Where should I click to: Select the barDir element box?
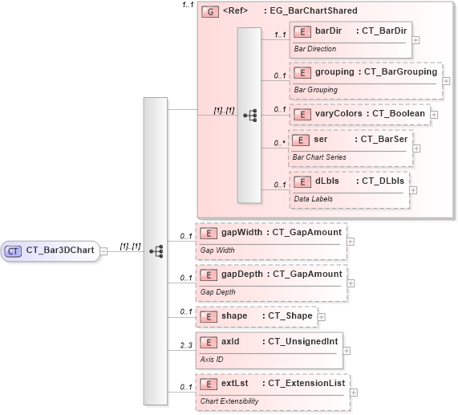(351, 39)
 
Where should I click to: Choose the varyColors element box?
(359, 114)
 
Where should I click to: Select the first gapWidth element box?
(271, 240)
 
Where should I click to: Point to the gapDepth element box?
(271, 282)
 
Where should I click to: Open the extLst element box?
(273, 392)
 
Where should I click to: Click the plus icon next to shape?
(322, 317)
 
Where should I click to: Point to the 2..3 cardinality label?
(187, 344)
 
